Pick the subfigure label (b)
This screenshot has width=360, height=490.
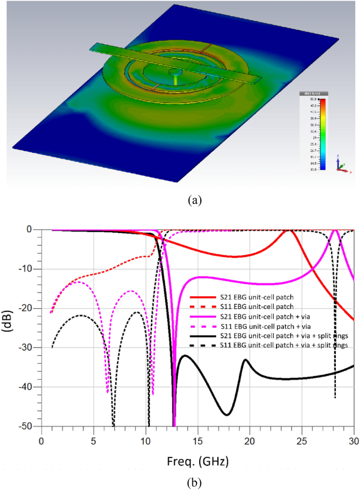pyautogui.click(x=180, y=481)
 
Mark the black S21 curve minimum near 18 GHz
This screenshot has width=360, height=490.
pyautogui.click(x=227, y=414)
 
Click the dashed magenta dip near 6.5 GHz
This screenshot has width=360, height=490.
pyautogui.click(x=108, y=391)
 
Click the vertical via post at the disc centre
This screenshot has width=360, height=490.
pyautogui.click(x=174, y=79)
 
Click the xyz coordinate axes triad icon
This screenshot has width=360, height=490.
pyautogui.click(x=342, y=165)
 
